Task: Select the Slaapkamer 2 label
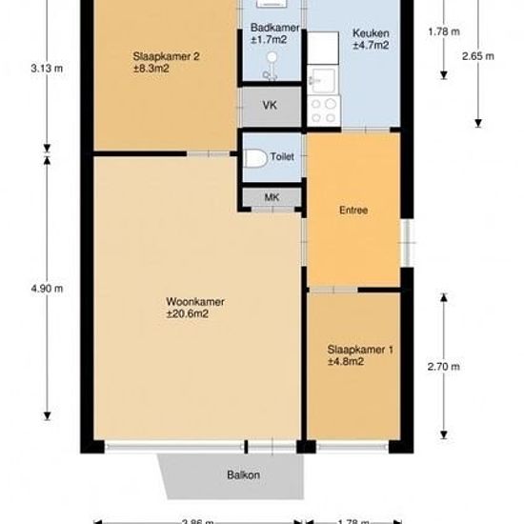(166, 57)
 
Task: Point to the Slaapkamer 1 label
(359, 351)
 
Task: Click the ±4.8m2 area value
(347, 362)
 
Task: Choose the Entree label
(353, 211)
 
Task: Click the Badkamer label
(270, 30)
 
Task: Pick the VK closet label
(270, 106)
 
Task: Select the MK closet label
(271, 197)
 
